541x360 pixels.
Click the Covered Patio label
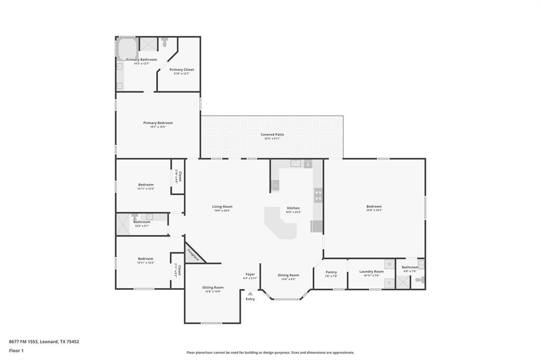point(272,135)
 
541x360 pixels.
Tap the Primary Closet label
point(181,70)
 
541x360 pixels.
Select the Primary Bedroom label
point(157,123)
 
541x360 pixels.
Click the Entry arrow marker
point(250,293)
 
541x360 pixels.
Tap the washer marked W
point(389,264)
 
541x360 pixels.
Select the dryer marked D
point(389,283)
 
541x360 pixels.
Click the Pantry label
point(331,272)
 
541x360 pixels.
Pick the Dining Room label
point(288,275)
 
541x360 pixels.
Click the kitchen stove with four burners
point(318,195)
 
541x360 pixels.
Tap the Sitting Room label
point(213,288)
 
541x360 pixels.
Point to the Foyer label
point(250,274)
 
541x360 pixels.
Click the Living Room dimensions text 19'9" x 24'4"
point(222,211)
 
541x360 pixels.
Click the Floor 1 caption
point(17,350)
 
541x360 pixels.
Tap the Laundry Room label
point(371,271)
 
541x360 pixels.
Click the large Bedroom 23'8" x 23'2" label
point(374,206)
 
